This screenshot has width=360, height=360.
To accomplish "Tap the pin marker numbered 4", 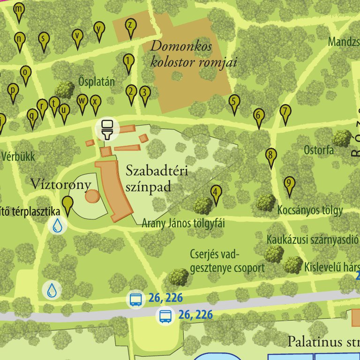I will (216, 194).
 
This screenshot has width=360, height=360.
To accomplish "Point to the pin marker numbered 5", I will (234, 103).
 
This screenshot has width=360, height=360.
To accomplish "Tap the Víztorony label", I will (60, 184).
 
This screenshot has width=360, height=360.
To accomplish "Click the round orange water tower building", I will (92, 195).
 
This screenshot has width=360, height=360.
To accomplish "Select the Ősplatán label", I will (97, 82).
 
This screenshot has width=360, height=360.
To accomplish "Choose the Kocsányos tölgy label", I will (310, 210).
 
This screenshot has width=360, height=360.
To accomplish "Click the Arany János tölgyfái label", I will (183, 223).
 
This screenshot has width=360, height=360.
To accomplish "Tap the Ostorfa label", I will (318, 150).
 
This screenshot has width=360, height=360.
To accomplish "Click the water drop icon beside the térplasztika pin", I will (57, 225).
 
